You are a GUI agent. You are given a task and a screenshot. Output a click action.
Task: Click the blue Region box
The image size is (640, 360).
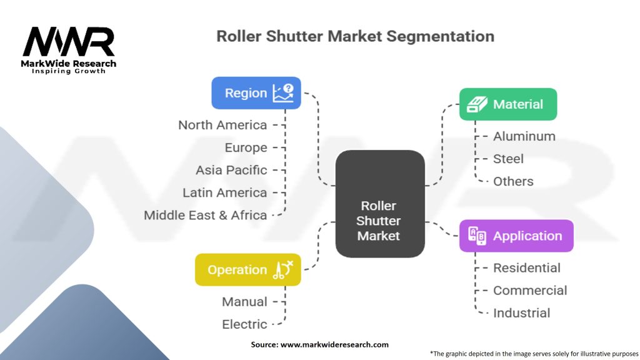pos(256,93)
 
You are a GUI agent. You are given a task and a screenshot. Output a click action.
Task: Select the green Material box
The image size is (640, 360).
pos(507,104)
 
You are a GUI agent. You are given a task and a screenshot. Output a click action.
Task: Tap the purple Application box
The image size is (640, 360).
pos(516,236)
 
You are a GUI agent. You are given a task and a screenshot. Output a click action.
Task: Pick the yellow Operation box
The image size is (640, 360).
pos(247,270)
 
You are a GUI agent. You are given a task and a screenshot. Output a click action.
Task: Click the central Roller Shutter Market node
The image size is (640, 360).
pos(379,204)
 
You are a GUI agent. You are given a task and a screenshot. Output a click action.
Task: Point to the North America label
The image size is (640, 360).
pos(222,125)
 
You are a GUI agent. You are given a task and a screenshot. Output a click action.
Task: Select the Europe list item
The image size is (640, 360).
pos(246,147)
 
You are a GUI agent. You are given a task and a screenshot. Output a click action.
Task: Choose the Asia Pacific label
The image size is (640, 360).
pos(231,170)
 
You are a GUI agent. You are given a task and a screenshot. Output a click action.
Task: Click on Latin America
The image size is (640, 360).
pos(225,192)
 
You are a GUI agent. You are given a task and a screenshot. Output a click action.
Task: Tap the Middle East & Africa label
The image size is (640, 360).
pos(206,215)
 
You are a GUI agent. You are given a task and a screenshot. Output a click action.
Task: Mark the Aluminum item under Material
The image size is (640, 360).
pos(524,136)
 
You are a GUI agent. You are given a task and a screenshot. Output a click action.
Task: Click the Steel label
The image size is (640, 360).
pos(508,159)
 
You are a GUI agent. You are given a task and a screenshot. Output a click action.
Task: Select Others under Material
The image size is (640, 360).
pos(513,181)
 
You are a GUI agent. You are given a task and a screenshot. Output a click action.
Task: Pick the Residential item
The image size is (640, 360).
pos(526,267)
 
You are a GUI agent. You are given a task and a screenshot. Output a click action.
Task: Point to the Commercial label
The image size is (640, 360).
pos(530,290)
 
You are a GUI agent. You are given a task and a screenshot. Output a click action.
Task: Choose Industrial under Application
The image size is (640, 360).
pos(521,312)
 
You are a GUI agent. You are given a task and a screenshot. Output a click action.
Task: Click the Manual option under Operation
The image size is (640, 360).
pos(244,301)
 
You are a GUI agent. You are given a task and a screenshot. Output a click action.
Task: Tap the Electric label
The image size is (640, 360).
pos(244,324)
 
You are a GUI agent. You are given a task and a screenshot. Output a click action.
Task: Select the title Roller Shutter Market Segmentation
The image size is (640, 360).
pos(355,36)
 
